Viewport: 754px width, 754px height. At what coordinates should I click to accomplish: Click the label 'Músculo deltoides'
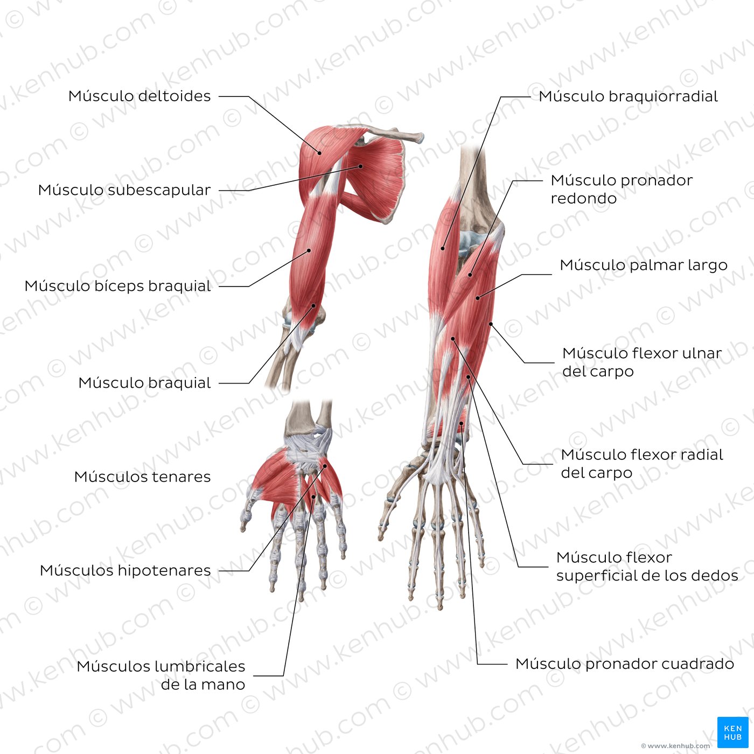pos(139,96)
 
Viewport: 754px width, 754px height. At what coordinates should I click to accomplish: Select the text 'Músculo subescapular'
pos(124,191)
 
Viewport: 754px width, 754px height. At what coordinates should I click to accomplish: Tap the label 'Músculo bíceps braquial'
pos(118,286)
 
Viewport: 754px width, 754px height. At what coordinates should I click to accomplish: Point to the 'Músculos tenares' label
pos(142,477)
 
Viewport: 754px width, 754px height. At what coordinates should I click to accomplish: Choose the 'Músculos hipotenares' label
pos(125,571)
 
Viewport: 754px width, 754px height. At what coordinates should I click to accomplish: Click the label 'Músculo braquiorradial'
pos(628,96)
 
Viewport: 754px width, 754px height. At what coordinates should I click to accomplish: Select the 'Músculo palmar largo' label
pos(644,266)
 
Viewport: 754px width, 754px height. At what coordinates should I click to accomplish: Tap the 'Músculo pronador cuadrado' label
pos(625,664)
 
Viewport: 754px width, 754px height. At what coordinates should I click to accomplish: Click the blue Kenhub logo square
pos(733,732)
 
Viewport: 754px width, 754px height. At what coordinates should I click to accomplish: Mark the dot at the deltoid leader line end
pos(319,153)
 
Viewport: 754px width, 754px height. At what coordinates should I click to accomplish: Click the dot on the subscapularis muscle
pos(361,166)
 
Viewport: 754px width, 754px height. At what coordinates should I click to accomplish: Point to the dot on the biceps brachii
pos(309,250)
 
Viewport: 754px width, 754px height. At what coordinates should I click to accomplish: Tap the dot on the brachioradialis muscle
pos(443,248)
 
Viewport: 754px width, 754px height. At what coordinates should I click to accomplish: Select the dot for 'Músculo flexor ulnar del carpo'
pos(491,324)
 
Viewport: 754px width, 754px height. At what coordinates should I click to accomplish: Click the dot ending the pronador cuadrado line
pos(462,423)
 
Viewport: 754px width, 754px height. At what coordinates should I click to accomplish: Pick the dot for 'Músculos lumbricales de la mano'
pos(314,497)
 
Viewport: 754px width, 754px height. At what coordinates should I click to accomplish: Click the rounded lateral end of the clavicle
pos(420,137)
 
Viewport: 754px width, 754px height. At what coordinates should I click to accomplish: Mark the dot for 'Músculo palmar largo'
pos(477,298)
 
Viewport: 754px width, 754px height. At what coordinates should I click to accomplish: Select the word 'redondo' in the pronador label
pos(583,199)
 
